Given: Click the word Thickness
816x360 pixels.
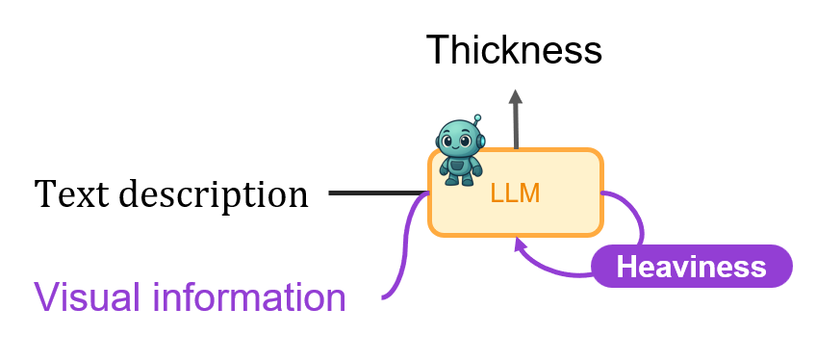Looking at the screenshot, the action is [514, 49].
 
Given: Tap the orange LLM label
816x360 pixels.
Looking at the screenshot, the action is [515, 193].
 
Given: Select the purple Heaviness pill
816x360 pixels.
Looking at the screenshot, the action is [692, 267].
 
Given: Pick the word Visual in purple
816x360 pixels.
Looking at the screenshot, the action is [90, 296].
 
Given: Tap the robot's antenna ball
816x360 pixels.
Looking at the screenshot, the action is [477, 118].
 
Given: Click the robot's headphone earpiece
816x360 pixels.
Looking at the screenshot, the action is [481, 141].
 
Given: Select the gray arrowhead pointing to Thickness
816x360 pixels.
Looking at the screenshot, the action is [515, 97].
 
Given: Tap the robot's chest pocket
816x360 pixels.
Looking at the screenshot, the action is [458, 167].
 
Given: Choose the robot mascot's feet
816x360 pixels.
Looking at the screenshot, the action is [460, 182].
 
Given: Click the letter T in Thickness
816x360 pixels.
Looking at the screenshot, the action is [438, 50].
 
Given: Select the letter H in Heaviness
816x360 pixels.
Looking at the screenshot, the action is [626, 267].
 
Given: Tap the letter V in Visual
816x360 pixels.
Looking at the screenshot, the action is [48, 297].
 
